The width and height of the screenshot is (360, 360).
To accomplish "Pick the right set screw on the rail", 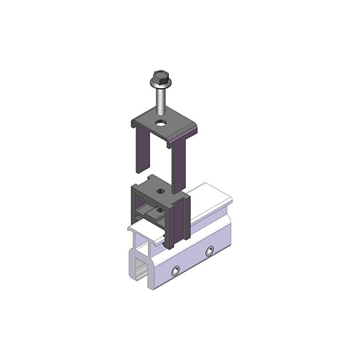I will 209,250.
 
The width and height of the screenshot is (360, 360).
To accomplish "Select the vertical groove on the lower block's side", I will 182,220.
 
